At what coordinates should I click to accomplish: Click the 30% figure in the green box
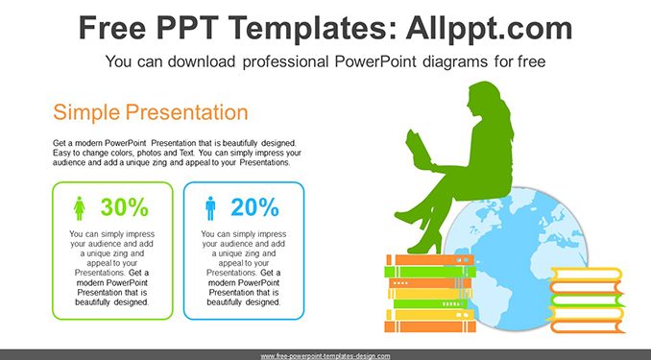(x=124, y=206)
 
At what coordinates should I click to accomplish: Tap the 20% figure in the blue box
(x=254, y=206)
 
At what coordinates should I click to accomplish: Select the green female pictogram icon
(x=80, y=208)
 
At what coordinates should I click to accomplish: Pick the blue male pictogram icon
(x=210, y=208)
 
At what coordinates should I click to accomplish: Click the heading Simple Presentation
(x=151, y=112)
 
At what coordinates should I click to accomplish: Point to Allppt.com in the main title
(x=489, y=28)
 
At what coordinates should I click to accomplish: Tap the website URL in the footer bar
(x=325, y=356)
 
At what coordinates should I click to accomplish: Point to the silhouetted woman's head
(x=484, y=100)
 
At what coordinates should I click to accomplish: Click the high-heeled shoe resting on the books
(x=424, y=245)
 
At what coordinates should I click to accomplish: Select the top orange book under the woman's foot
(x=430, y=260)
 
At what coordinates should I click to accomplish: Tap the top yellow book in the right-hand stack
(x=587, y=274)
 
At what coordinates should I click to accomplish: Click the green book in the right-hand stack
(x=587, y=300)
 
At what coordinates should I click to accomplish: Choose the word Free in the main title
(x=112, y=28)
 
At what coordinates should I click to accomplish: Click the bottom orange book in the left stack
(x=430, y=326)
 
